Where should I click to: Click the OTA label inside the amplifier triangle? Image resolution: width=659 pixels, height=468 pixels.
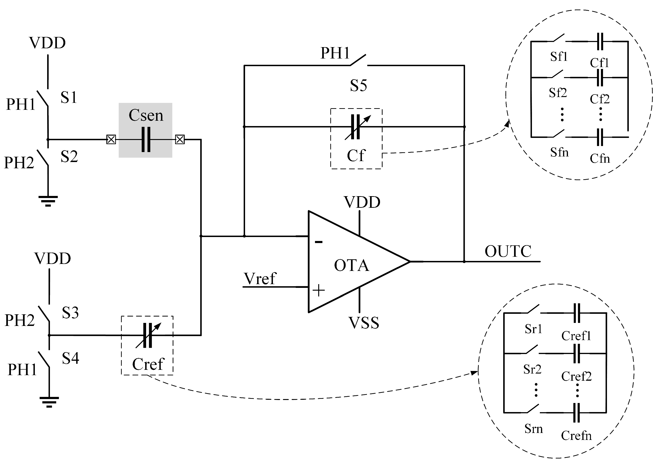351,265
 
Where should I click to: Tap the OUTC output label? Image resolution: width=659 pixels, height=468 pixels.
508,251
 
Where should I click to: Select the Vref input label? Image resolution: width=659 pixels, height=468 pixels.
260,279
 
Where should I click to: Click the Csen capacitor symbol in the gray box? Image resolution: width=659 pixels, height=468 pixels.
146,140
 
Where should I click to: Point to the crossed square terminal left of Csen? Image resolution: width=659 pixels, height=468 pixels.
111,140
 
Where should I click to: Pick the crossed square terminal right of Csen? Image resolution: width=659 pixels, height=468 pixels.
180,140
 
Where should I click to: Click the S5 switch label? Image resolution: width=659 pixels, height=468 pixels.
358,86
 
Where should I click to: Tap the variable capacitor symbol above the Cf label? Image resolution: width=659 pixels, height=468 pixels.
356,127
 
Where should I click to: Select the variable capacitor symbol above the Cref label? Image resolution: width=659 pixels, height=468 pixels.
148,335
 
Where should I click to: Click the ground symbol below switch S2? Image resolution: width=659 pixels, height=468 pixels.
48,201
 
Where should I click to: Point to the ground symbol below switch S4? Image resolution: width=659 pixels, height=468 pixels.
49,402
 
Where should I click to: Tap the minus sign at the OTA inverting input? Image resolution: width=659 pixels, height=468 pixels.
318,242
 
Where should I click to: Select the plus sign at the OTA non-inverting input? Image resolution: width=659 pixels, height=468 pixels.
318,290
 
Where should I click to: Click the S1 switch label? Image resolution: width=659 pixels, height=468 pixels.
69,97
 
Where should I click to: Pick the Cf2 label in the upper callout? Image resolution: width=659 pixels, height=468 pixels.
600,99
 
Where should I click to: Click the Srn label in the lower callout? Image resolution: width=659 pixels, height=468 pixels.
533,429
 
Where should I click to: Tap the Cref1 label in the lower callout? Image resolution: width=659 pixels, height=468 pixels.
576,336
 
